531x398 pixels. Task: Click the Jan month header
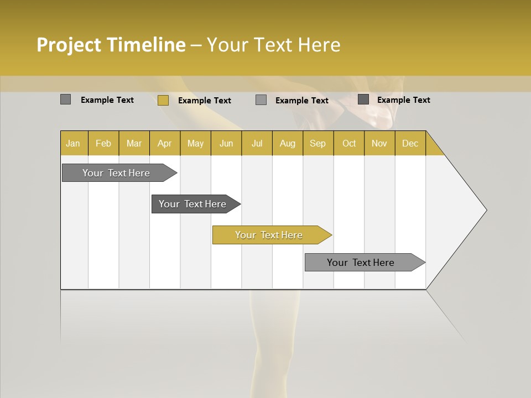pos(73,143)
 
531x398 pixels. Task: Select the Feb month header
pos(103,143)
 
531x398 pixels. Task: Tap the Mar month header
pos(134,143)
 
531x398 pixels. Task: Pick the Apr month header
pos(164,143)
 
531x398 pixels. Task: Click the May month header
pos(195,143)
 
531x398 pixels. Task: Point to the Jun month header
pos(226,143)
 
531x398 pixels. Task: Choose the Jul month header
pos(257,143)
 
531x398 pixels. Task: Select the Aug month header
pos(288,143)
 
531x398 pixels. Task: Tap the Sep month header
pos(317,143)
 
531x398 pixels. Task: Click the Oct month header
pos(349,143)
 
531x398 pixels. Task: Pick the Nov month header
pos(379,143)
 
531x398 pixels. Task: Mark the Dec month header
pos(410,143)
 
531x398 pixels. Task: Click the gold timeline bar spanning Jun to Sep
pos(269,235)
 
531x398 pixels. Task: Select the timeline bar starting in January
pos(117,173)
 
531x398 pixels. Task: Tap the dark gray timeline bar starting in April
pos(193,204)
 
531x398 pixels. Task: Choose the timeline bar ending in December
pos(361,263)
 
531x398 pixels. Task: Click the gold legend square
pos(163,100)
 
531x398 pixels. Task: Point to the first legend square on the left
pos(65,99)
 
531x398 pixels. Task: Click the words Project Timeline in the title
pos(111,45)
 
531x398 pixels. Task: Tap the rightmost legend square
pos(363,99)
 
